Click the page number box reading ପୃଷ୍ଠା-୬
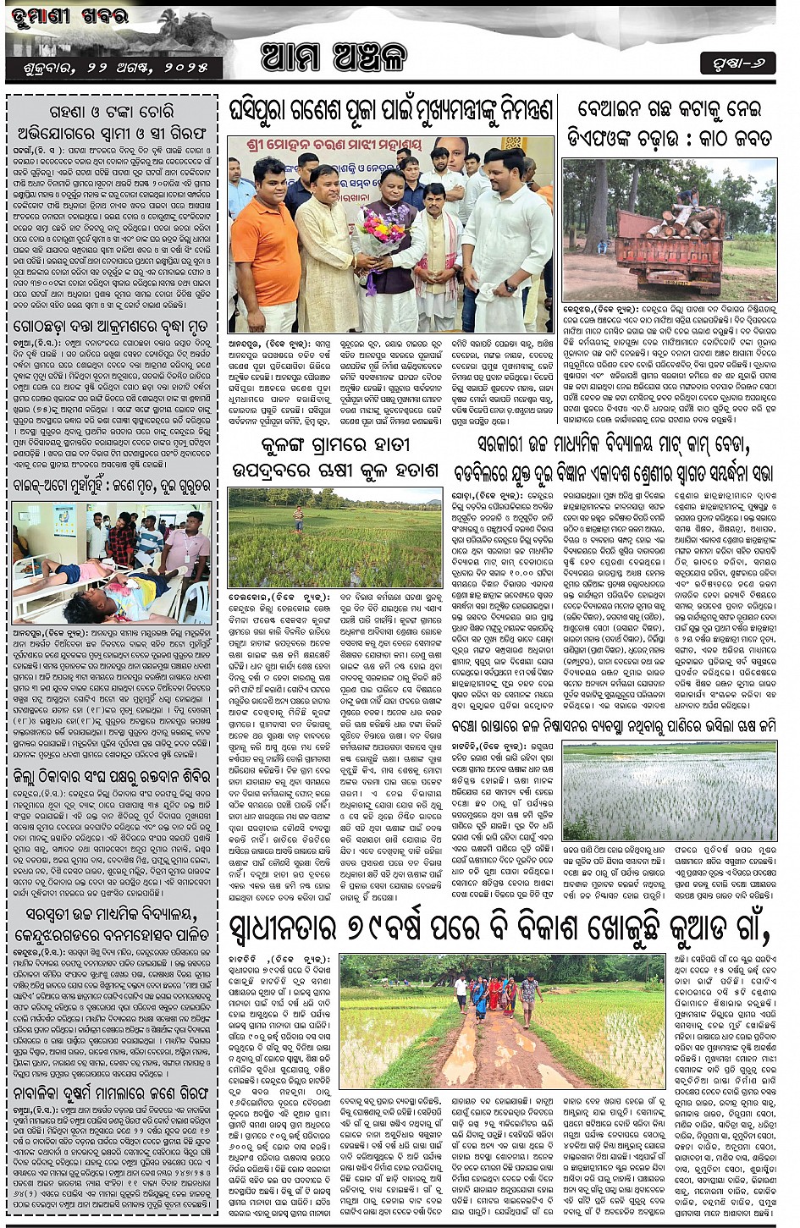click(x=737, y=63)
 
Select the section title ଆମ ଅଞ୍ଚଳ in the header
click(x=334, y=57)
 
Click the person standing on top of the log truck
click(x=687, y=198)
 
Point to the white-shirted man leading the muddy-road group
click(x=461, y=992)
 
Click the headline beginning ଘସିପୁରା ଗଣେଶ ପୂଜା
click(x=390, y=110)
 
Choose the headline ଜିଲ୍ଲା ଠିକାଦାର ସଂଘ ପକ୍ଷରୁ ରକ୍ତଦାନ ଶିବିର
click(x=111, y=778)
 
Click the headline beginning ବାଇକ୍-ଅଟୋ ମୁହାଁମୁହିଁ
click(x=111, y=486)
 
